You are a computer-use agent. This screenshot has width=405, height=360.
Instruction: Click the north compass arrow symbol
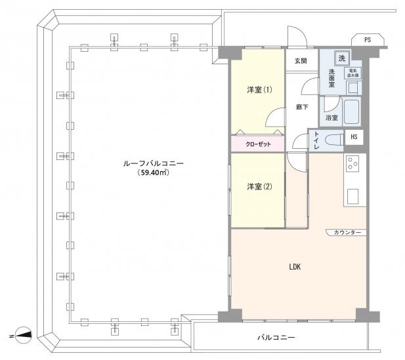point(23,334)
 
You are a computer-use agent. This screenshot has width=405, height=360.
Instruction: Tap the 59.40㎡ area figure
point(154,173)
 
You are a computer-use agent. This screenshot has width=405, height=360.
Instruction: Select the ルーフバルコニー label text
point(154,163)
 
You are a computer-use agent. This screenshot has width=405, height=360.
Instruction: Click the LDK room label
point(295,267)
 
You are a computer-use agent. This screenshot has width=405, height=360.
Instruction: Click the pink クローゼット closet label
point(257,143)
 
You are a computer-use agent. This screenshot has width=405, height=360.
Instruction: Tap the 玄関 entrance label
point(301,61)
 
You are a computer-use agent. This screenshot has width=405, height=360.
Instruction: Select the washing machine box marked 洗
point(341,57)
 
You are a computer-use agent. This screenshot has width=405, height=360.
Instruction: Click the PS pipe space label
point(366,40)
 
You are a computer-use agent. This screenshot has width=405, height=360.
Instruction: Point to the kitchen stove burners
point(353,164)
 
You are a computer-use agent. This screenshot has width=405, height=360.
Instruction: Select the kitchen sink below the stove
point(352,195)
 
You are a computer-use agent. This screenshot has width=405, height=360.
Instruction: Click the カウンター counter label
point(346,232)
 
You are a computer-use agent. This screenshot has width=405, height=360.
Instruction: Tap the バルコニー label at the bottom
point(276,338)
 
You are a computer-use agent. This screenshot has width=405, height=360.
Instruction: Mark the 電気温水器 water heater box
point(352,73)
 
